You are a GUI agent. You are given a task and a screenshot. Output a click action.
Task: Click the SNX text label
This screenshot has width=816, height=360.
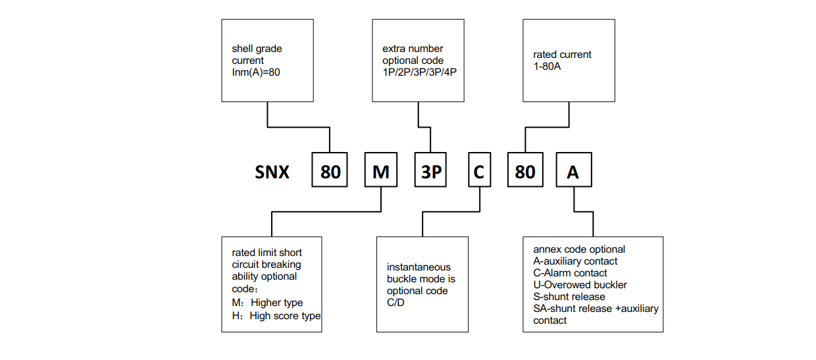[272, 172]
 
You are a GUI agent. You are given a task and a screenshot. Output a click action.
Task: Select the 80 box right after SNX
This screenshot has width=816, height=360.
[330, 172]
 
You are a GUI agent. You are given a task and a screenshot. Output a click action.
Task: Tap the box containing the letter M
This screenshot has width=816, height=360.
[381, 172]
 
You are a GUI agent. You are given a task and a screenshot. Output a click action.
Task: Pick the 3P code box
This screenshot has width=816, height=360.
[431, 172]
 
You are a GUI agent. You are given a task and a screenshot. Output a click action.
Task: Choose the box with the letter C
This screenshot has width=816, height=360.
[479, 172]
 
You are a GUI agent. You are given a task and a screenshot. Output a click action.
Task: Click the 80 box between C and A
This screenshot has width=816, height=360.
[524, 172]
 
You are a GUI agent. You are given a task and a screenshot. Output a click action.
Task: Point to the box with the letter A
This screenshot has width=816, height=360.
[573, 172]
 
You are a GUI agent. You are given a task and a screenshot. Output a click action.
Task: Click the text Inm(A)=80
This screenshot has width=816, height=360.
[256, 72]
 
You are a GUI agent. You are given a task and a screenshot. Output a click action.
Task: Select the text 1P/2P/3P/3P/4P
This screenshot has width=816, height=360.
[419, 72]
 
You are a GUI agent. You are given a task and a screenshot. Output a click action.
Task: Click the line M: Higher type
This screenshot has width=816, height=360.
[267, 303]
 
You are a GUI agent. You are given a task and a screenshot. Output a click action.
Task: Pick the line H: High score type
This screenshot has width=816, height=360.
[276, 316]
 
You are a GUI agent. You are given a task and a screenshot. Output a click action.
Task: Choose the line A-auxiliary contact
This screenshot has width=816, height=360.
[575, 261]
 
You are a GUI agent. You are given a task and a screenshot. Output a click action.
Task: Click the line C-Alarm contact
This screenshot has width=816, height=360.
[570, 273]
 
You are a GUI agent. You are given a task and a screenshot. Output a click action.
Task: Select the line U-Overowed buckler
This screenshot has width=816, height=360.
[580, 285]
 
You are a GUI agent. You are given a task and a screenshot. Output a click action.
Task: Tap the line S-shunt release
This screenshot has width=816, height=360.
[569, 297]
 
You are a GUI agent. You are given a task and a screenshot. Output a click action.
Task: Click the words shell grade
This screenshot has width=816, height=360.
[257, 49]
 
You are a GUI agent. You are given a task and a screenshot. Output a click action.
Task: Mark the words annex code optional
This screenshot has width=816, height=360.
[579, 249]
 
